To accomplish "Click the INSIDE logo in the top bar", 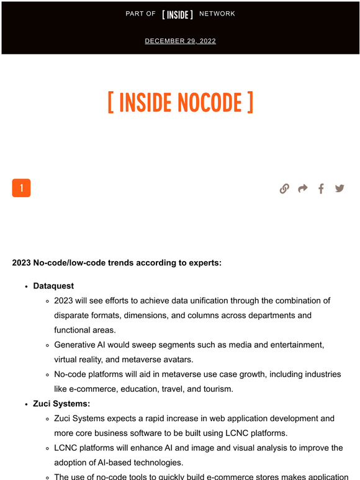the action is [178, 14].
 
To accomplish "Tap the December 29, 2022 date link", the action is [180, 41].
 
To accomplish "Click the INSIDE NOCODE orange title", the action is [180, 103].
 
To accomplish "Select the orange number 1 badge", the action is [21, 188].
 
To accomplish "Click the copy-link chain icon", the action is [284, 189].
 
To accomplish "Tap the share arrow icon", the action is [303, 189].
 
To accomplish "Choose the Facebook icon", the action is [321, 189].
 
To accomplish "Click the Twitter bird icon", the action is [340, 189].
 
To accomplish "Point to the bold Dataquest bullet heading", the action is [53, 286].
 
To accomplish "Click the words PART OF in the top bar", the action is [140, 14].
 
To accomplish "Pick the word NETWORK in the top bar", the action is [217, 14].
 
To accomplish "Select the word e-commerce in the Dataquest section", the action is [95, 389].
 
